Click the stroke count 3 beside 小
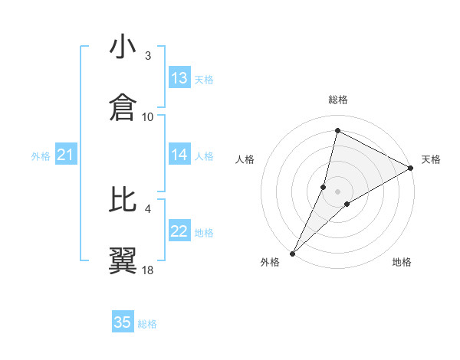click(148, 55)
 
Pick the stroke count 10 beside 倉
click(148, 116)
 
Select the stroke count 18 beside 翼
click(148, 270)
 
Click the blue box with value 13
click(179, 78)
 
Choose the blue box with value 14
click(179, 155)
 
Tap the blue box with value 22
click(179, 231)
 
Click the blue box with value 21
click(65, 155)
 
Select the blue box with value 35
click(123, 322)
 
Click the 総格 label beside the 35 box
click(147, 324)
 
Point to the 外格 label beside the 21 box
click(41, 156)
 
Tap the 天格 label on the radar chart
click(431, 159)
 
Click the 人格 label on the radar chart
click(245, 159)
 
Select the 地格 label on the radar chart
click(402, 263)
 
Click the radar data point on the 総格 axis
click(337, 130)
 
